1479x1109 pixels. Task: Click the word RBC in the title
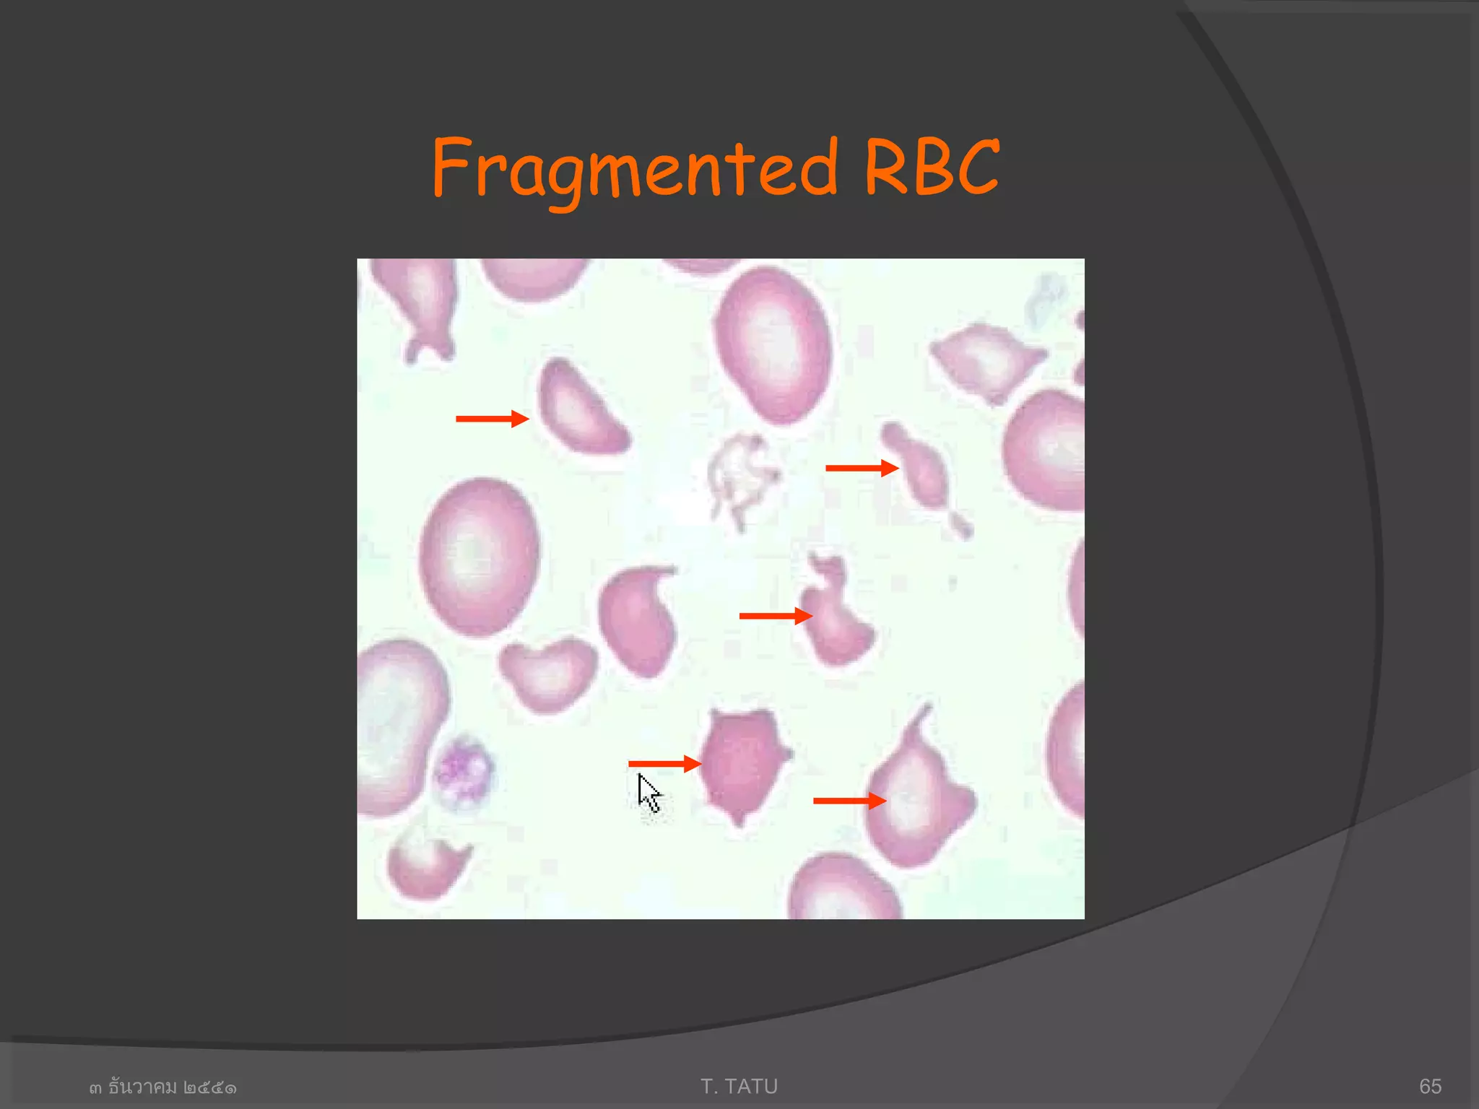[932, 168]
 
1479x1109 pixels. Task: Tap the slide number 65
[1430, 1086]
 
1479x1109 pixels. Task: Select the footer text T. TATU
[739, 1086]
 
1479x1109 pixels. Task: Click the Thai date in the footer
[162, 1087]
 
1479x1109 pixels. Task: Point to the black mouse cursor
[648, 793]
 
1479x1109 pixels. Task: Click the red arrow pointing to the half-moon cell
[491, 419]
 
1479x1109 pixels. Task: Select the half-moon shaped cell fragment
[580, 409]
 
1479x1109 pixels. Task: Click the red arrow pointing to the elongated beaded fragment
[861, 468]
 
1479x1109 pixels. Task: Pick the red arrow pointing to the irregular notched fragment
[775, 616]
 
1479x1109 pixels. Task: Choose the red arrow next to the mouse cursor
[664, 763]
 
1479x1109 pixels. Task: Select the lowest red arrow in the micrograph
[849, 801]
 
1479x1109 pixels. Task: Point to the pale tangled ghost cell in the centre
[741, 476]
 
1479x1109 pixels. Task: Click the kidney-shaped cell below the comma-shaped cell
[547, 674]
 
